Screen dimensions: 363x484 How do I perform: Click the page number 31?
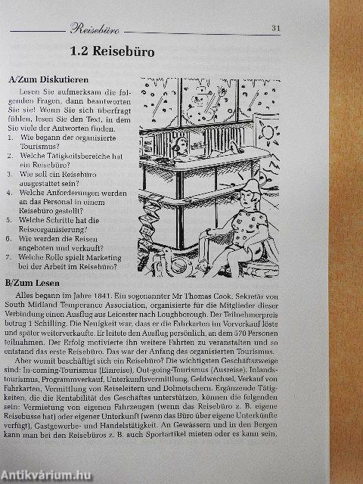pos(275,28)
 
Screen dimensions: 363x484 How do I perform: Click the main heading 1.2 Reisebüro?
pos(113,51)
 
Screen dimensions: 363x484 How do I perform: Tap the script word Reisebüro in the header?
pos(95,29)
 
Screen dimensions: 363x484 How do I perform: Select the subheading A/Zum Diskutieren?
pos(48,79)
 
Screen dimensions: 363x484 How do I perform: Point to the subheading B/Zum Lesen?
pos(33,283)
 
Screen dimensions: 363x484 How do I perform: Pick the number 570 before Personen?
pos(240,334)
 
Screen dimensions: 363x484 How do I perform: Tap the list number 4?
pos(10,193)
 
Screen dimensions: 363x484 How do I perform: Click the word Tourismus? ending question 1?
pos(40,146)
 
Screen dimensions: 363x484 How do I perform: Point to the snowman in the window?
pos(200,105)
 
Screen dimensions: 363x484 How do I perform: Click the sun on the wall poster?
pos(267,132)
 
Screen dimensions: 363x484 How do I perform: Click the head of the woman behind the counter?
pos(180,147)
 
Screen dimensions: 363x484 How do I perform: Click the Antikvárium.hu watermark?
pos(46,476)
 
